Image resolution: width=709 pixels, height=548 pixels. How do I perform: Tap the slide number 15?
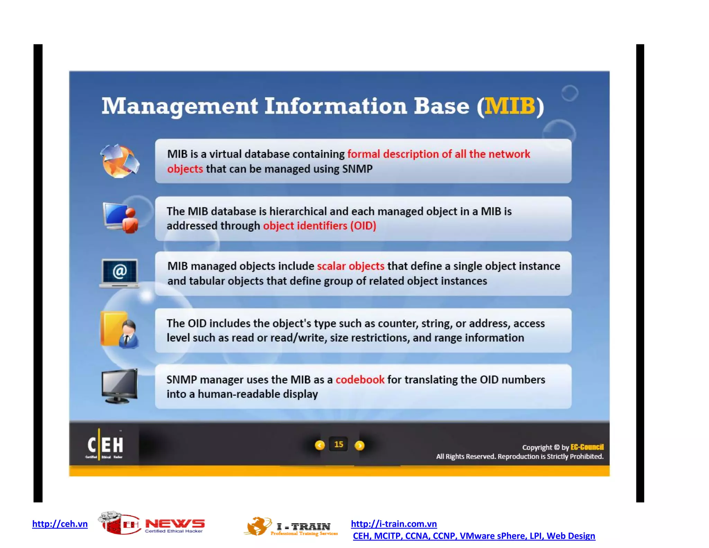pyautogui.click(x=339, y=444)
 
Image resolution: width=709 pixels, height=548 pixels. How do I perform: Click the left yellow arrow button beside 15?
pyautogui.click(x=320, y=445)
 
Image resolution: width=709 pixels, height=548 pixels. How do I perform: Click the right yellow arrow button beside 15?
pyautogui.click(x=360, y=445)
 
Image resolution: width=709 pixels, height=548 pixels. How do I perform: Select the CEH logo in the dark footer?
pyautogui.click(x=105, y=445)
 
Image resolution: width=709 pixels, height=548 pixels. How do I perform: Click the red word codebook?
pyautogui.click(x=360, y=380)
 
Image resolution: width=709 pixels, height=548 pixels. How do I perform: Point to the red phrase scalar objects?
pyautogui.click(x=350, y=266)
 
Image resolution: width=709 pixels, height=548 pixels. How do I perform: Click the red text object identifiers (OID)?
pyautogui.click(x=319, y=226)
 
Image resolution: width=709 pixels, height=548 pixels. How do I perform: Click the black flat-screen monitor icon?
pyautogui.click(x=120, y=386)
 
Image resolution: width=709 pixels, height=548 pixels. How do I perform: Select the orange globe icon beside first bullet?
pyautogui.click(x=120, y=161)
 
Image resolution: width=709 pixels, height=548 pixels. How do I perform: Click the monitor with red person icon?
pyautogui.click(x=120, y=218)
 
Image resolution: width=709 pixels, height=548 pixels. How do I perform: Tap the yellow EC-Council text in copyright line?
pyautogui.click(x=587, y=447)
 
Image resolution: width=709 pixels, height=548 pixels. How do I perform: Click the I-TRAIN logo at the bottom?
pyautogui.click(x=291, y=527)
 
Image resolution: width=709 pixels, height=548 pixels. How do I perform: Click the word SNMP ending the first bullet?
pyautogui.click(x=357, y=169)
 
